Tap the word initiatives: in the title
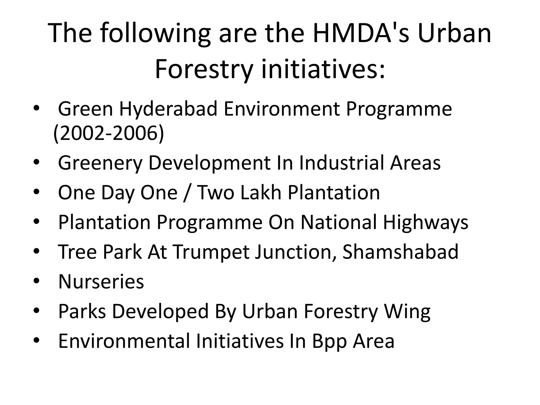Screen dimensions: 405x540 [323, 70]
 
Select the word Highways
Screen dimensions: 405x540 [425, 222]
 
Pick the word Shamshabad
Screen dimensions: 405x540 [400, 252]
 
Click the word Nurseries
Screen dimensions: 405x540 [101, 282]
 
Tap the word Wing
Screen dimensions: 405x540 [407, 311]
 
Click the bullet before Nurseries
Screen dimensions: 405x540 [36, 282]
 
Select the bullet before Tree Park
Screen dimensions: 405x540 [36, 252]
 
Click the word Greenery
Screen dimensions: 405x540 [100, 163]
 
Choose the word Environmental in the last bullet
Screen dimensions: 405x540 [124, 341]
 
